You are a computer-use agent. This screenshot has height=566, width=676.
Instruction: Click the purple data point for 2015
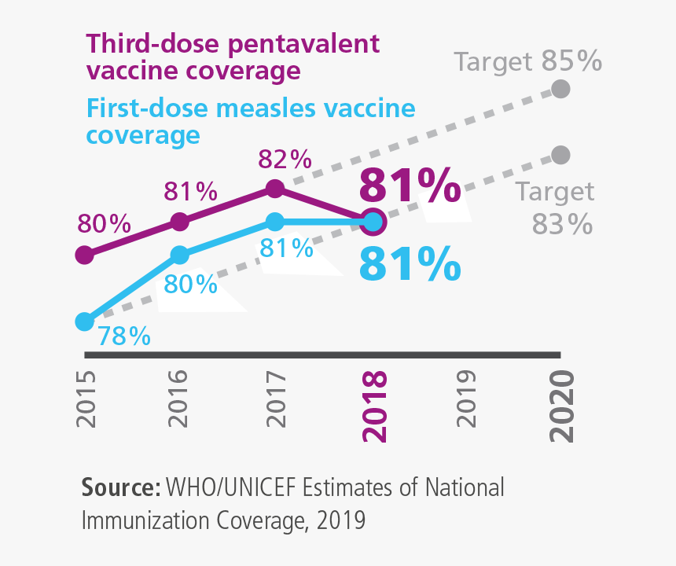[83, 255]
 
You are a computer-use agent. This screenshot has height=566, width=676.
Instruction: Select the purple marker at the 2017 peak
[274, 189]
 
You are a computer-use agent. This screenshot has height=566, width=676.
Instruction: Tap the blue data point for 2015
[83, 322]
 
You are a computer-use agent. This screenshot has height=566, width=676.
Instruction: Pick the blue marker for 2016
[180, 255]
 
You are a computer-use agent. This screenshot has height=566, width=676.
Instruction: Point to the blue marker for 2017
[274, 222]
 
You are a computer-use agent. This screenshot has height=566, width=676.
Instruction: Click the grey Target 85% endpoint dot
[560, 88]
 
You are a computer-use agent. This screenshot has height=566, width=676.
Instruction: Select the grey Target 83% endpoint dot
[560, 154]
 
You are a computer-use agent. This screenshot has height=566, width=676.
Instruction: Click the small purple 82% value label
[285, 160]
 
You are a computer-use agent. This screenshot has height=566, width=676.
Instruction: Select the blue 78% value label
[123, 336]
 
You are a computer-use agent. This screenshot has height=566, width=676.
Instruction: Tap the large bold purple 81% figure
[410, 187]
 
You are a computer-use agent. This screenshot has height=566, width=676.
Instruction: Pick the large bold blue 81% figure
[410, 264]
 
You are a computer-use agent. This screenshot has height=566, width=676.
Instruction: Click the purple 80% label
[104, 224]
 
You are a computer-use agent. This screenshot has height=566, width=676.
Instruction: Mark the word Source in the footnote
[121, 487]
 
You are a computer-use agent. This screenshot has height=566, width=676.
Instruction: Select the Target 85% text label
[528, 61]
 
